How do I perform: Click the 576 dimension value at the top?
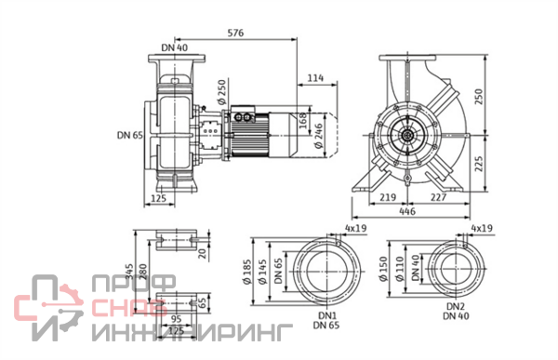(235, 33)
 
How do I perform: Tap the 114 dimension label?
(315, 77)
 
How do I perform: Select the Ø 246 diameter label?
(318, 136)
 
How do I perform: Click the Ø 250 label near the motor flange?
(221, 92)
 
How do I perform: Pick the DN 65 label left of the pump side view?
(130, 135)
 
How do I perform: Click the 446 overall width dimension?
(407, 211)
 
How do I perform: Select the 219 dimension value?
(388, 197)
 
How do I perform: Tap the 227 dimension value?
(438, 197)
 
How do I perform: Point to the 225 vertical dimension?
(479, 164)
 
